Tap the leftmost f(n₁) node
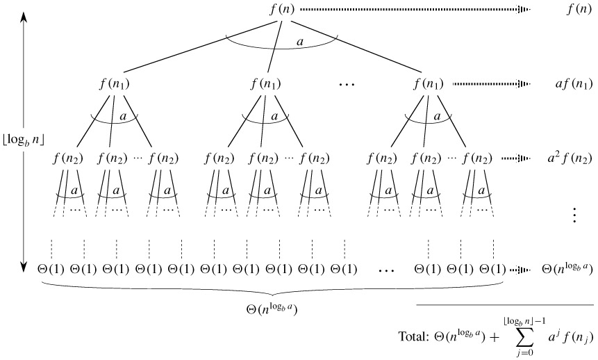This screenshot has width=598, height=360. tap(115, 85)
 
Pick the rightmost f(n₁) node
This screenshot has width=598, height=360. tap(428, 85)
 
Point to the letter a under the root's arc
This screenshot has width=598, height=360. tap(299, 42)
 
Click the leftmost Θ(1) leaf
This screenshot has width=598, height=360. tap(51, 268)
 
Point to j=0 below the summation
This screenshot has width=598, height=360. tap(520, 354)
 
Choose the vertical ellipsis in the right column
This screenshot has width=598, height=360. tap(574, 215)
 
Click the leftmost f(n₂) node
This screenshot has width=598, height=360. tap(67, 158)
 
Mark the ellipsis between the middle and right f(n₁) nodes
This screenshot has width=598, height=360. tap(346, 85)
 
